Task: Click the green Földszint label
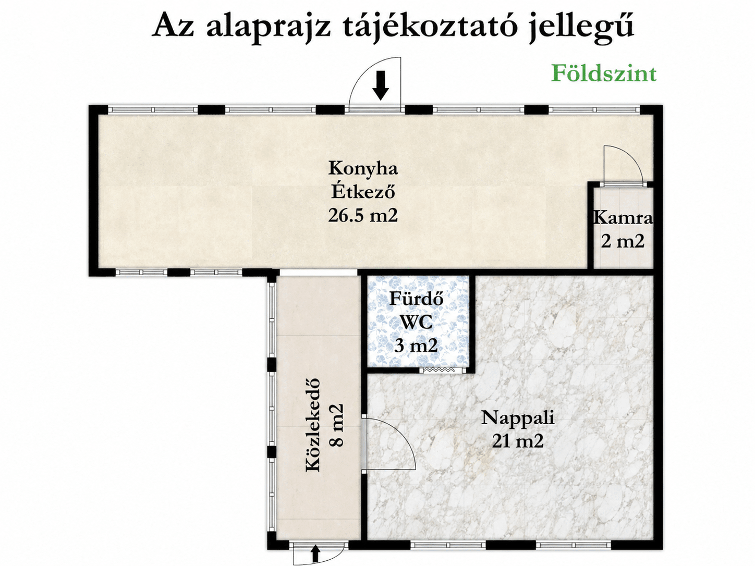pos(604,73)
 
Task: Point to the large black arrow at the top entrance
pos(381,85)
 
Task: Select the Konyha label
pos(363,168)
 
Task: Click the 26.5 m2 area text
pos(363,215)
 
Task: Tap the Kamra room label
pos(623,218)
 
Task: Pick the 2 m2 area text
pos(623,241)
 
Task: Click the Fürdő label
pos(416,299)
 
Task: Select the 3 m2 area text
pos(416,346)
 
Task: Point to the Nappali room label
pos(518,419)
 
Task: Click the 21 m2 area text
pos(518,441)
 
